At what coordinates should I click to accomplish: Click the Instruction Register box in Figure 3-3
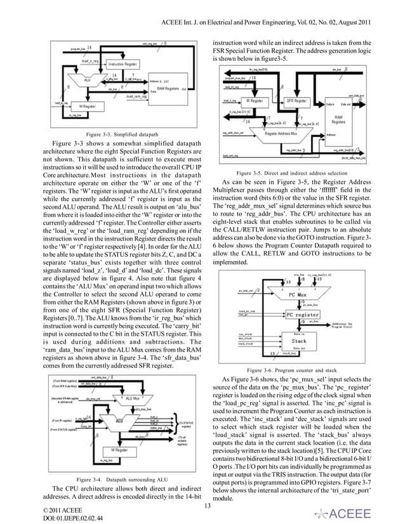tap(123, 65)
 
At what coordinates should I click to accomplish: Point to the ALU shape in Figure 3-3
tap(88, 81)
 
